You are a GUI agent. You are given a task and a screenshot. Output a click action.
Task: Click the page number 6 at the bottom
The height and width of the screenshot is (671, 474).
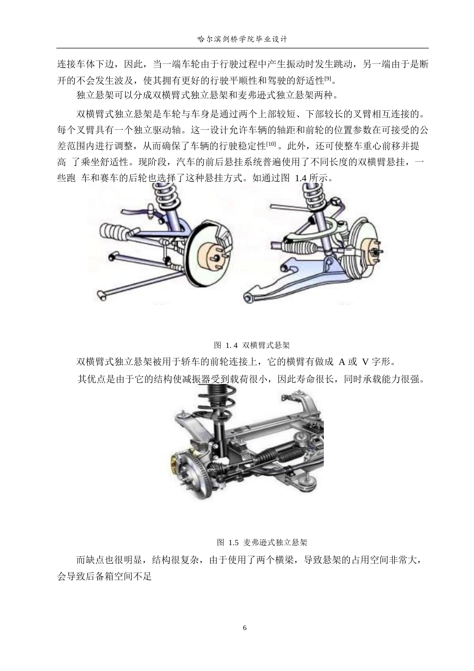[x=244, y=628]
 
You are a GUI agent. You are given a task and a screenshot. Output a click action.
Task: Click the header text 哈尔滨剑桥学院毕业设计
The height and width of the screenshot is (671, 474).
[x=242, y=38]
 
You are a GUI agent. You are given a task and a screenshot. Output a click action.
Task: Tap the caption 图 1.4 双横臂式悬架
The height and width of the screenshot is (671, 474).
[x=252, y=345]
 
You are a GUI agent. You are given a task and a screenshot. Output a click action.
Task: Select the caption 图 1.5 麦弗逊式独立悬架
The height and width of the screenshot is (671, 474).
[x=262, y=542]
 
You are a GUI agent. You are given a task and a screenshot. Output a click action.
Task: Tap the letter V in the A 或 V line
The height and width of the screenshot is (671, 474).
[x=365, y=362]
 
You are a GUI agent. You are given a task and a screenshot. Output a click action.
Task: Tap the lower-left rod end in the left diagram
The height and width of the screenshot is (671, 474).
[x=102, y=295]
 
